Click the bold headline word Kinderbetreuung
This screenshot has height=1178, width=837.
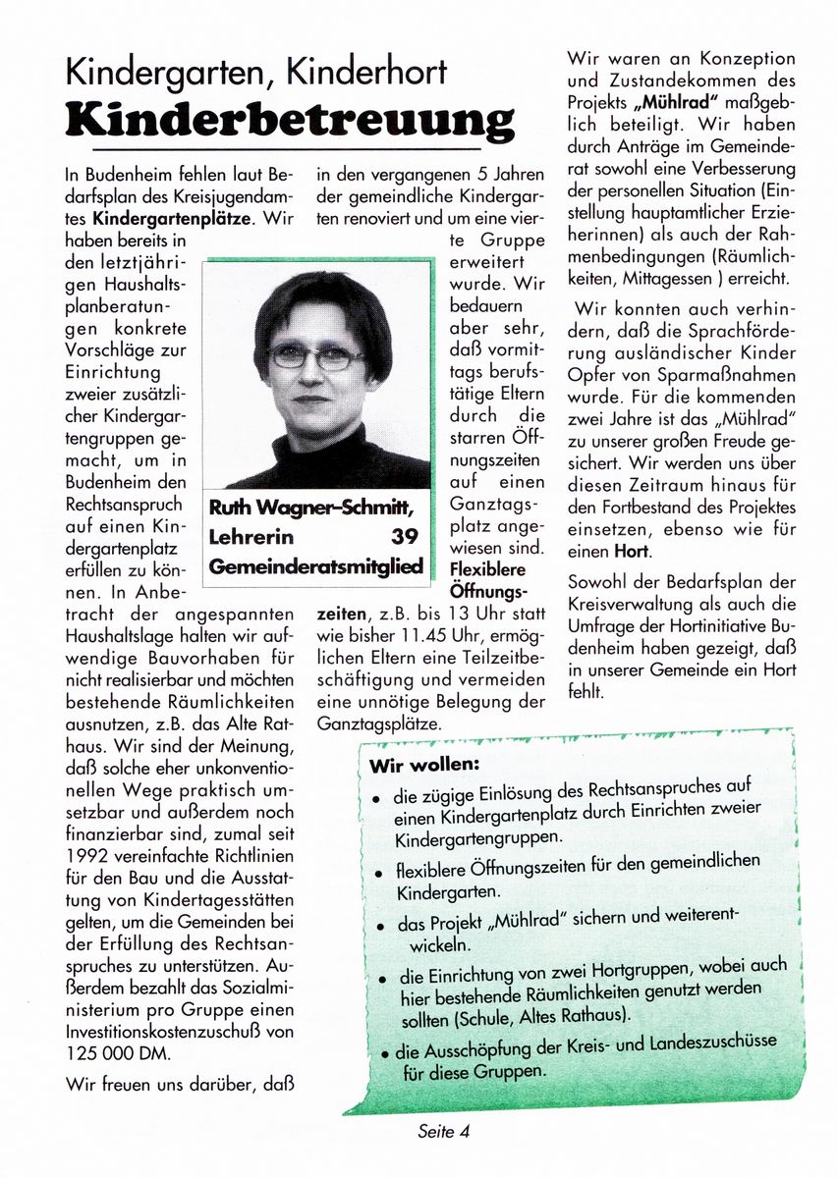(290, 120)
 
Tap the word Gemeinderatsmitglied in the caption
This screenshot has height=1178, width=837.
(316, 566)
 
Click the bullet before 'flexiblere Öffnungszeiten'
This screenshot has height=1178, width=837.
(377, 872)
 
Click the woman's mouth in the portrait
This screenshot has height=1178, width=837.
(310, 400)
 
